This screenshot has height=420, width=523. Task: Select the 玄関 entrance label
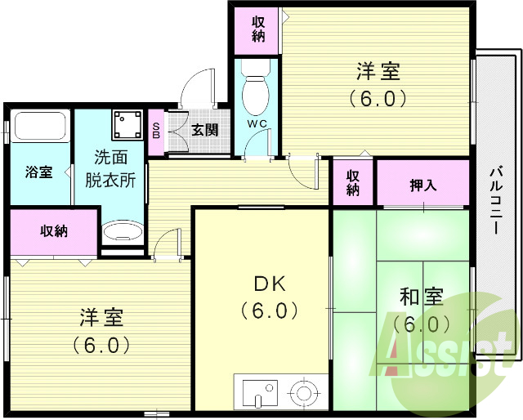204,129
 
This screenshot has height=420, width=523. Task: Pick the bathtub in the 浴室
40,127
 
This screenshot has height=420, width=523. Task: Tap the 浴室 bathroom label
38,172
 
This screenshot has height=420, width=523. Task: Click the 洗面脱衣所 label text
110,167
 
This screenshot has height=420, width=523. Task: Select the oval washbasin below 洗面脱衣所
123,232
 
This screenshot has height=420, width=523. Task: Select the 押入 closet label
422,184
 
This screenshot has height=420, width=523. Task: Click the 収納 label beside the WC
258,29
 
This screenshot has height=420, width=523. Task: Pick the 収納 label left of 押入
353,182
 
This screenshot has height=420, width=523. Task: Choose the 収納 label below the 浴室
55,231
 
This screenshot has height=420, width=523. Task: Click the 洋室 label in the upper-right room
378,71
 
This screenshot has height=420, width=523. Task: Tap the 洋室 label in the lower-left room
101,316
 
